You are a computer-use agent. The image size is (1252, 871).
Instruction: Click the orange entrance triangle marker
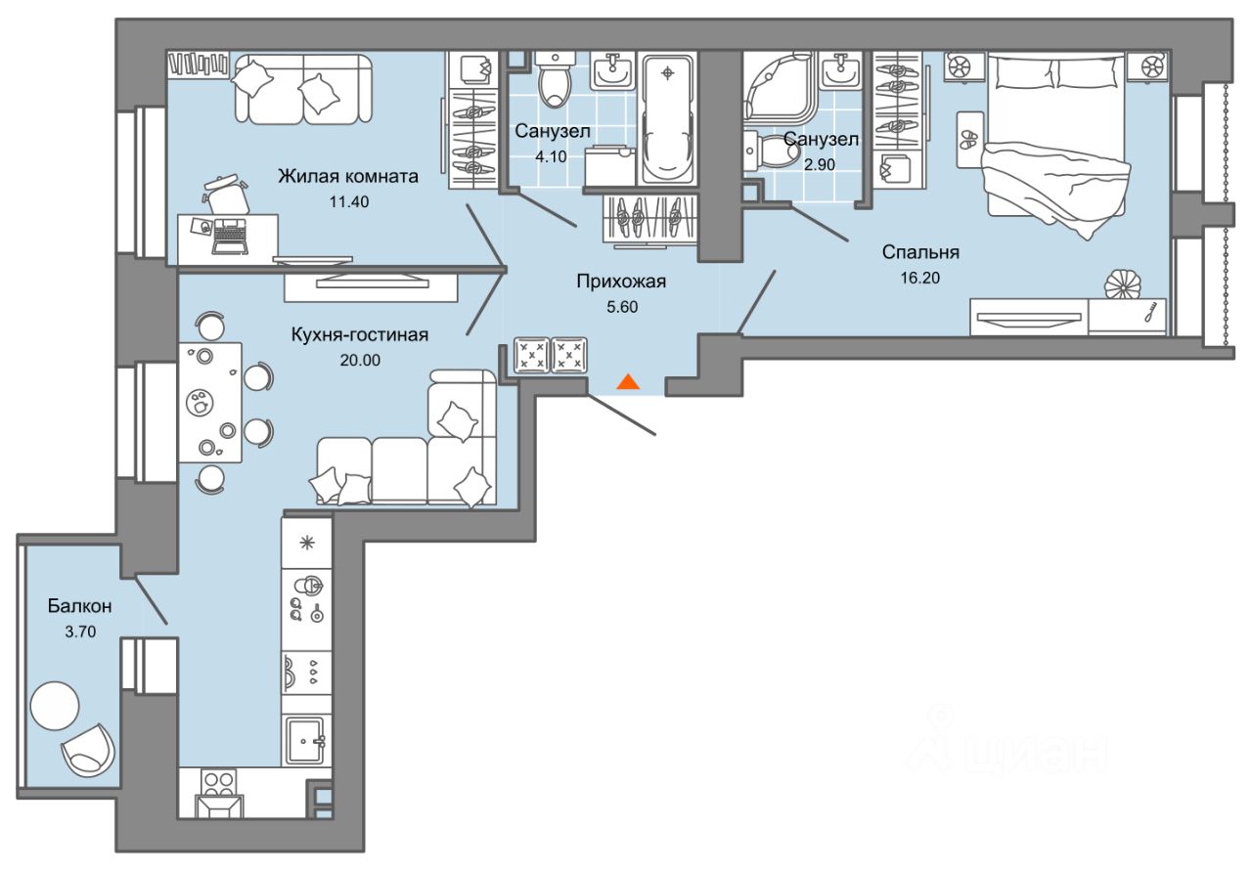coord(628,381)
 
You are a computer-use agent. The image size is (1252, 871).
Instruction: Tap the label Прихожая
coord(620,283)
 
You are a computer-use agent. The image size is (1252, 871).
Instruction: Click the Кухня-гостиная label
coord(360,335)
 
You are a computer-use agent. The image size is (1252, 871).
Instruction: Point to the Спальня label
coord(920,252)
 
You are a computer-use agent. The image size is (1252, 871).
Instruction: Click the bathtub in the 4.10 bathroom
coord(667,117)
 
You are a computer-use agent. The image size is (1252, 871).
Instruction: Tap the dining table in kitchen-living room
coord(209,402)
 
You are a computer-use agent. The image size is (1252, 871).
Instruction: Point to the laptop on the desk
coord(231,237)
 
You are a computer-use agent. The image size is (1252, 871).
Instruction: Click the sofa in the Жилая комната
coord(302,90)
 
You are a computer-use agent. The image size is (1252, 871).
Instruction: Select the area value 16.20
coord(920,277)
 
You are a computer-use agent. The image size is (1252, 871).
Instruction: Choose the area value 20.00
coord(360,360)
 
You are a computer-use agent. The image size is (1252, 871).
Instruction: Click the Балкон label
coord(80,607)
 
